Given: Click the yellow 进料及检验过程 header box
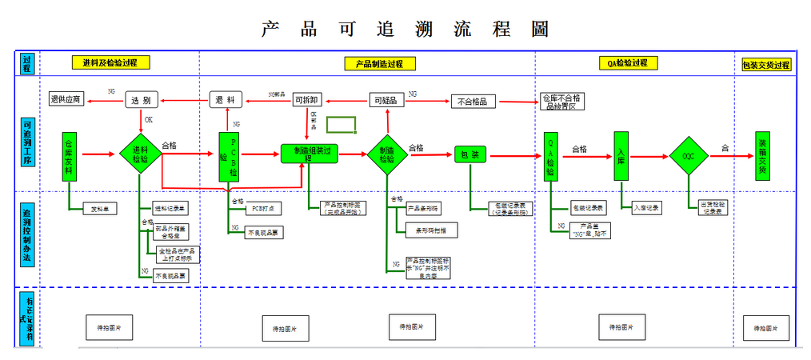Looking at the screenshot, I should (x=110, y=62).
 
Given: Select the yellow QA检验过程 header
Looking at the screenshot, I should (x=627, y=62).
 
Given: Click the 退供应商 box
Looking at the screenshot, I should (x=66, y=99).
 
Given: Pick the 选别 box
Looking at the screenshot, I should (x=141, y=100).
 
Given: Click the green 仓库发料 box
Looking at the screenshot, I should (x=70, y=154).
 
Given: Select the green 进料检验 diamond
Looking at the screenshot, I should (x=140, y=154).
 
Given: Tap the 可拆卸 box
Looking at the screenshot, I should (x=308, y=100).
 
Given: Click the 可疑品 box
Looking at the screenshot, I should (x=387, y=101).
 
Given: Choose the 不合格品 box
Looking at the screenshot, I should (x=473, y=101).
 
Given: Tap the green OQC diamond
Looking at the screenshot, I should (x=688, y=156).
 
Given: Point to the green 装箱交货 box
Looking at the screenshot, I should (x=763, y=155).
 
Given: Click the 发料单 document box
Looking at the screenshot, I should (x=100, y=209).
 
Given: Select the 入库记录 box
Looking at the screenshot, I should (x=647, y=208).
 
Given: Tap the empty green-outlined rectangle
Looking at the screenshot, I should (x=341, y=124).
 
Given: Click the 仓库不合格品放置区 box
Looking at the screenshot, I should (x=564, y=101).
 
